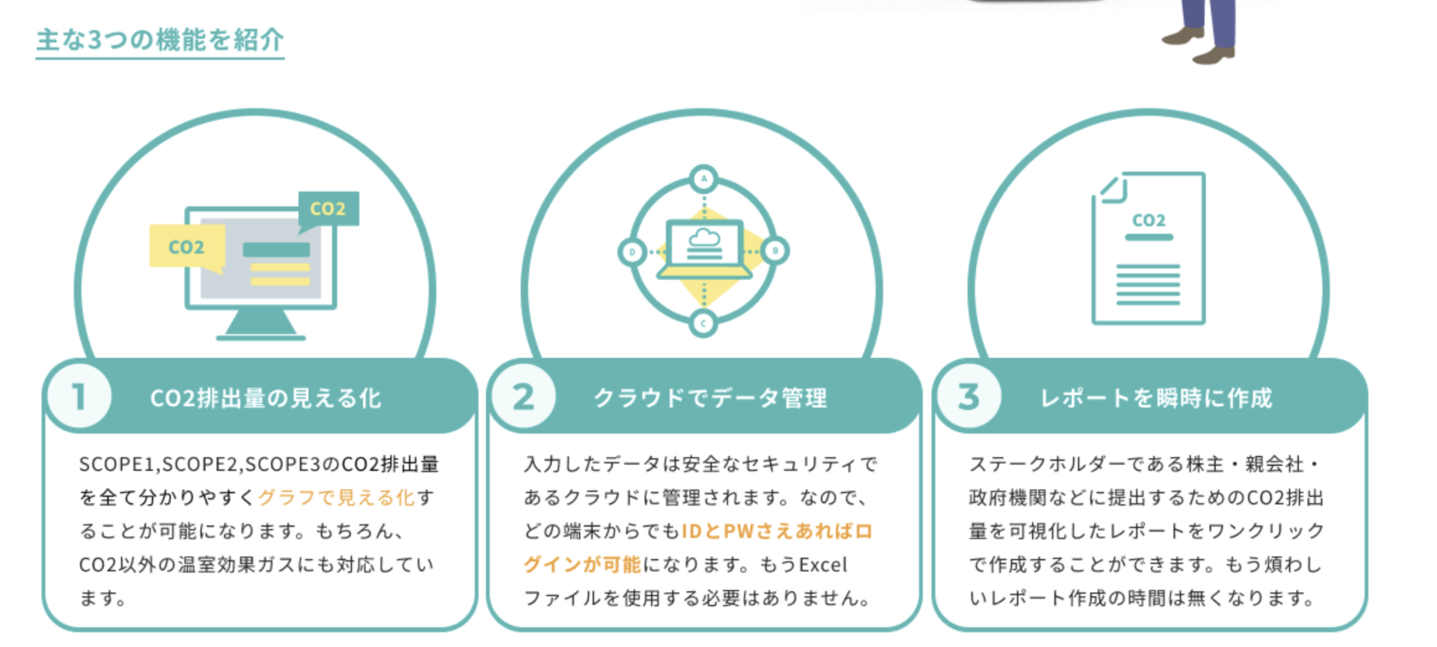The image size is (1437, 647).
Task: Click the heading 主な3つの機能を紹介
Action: (160, 39)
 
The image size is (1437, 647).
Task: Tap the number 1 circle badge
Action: (79, 397)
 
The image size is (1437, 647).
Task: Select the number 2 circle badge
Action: (524, 397)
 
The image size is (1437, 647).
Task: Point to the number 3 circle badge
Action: (968, 397)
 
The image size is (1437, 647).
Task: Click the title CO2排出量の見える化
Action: (266, 399)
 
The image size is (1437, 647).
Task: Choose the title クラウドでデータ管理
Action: (710, 399)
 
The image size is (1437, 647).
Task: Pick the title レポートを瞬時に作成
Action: (1156, 399)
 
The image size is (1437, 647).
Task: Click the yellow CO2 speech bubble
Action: (187, 246)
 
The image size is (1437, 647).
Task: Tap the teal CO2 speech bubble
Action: (328, 209)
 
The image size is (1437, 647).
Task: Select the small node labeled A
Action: (704, 179)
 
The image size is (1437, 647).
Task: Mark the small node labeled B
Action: (775, 250)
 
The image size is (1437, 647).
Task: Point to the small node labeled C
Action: (703, 323)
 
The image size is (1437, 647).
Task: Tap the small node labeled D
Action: (632, 252)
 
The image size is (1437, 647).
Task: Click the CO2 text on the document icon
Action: (1149, 220)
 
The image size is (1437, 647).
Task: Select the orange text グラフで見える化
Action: (336, 497)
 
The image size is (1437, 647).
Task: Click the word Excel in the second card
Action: (823, 565)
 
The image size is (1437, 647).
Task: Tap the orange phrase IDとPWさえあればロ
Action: (776, 531)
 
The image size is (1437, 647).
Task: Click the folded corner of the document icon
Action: (1111, 190)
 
